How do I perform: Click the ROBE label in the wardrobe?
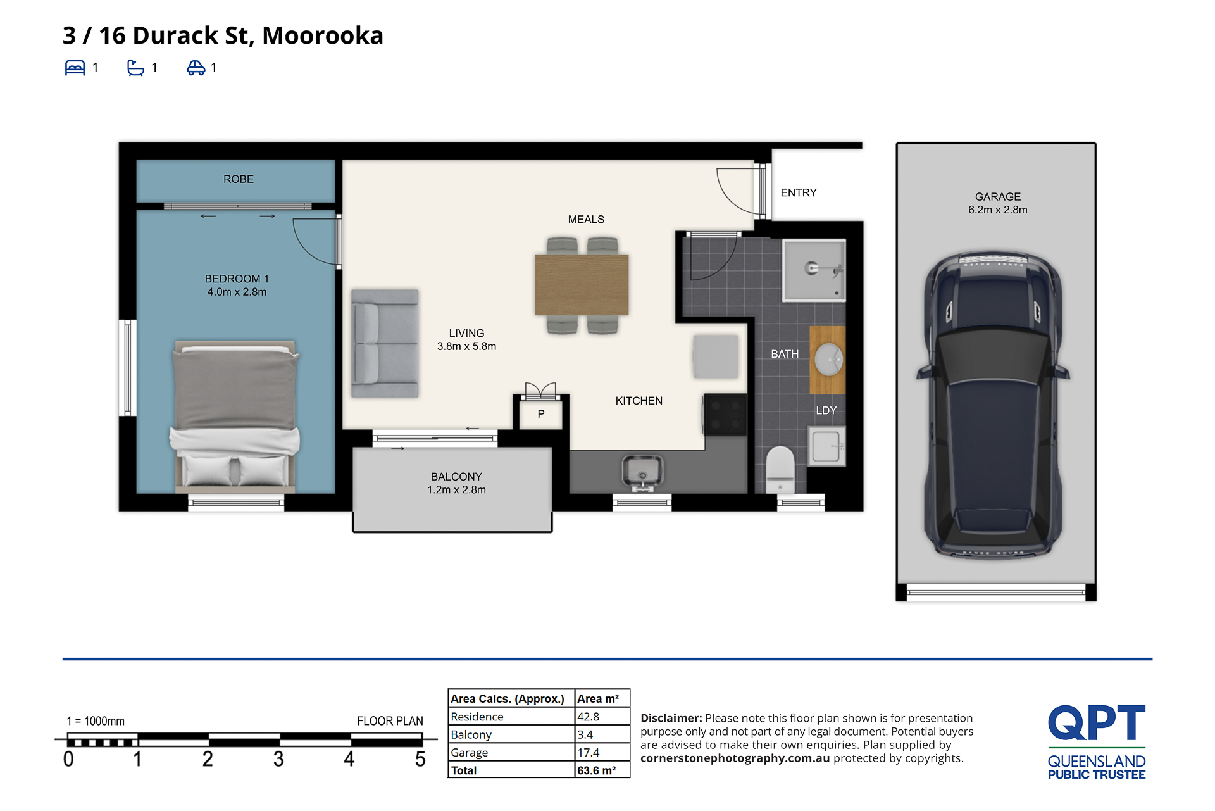pyautogui.click(x=238, y=179)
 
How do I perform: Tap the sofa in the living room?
pyautogui.click(x=385, y=343)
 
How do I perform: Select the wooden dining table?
pyautogui.click(x=582, y=284)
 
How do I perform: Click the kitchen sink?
pyautogui.click(x=642, y=472)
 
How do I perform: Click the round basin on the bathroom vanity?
pyautogui.click(x=828, y=360)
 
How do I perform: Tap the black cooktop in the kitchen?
pyautogui.click(x=725, y=415)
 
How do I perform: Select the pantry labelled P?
pyautogui.click(x=541, y=414)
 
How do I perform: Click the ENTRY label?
pyautogui.click(x=799, y=192)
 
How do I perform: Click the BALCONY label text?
pyautogui.click(x=456, y=477)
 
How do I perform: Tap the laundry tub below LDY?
pyautogui.click(x=826, y=446)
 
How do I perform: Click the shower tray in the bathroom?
pyautogui.click(x=814, y=270)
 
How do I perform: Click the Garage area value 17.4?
pyautogui.click(x=589, y=752)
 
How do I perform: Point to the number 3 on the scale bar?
pyautogui.click(x=278, y=759)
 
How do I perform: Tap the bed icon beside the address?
pyautogui.click(x=75, y=68)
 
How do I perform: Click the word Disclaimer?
pyautogui.click(x=671, y=718)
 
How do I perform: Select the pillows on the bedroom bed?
pyautogui.click(x=235, y=471)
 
